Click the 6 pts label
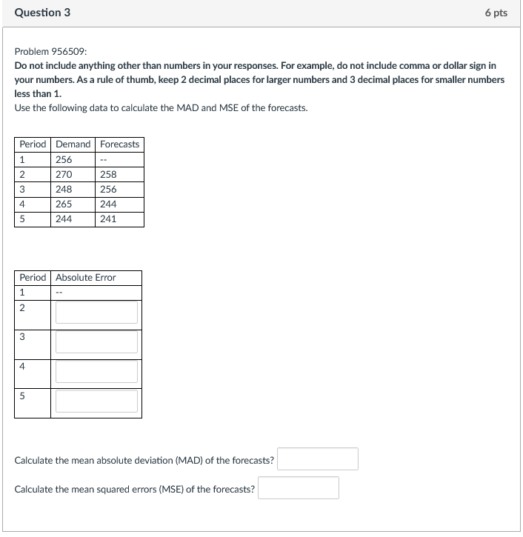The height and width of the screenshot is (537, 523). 496,13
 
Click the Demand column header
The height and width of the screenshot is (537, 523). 73,144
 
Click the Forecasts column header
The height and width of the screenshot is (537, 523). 119,144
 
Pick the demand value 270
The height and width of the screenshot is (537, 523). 64,174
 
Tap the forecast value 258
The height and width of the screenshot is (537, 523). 108,174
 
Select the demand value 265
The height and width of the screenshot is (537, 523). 64,204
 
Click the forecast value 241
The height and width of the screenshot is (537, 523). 108,219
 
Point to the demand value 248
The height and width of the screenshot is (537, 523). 64,189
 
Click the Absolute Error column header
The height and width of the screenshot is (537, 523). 86,277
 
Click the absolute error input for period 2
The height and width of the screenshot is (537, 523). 96,312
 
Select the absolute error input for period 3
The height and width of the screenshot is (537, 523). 96,341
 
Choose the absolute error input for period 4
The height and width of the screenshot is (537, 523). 96,371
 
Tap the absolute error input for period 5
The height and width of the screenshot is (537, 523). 96,401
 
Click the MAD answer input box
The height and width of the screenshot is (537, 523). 318,459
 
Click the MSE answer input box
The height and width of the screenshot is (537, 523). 299,488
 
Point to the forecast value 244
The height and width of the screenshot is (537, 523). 108,204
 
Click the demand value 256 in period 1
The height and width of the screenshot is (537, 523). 64,159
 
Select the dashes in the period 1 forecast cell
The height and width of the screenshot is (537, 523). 104,159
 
